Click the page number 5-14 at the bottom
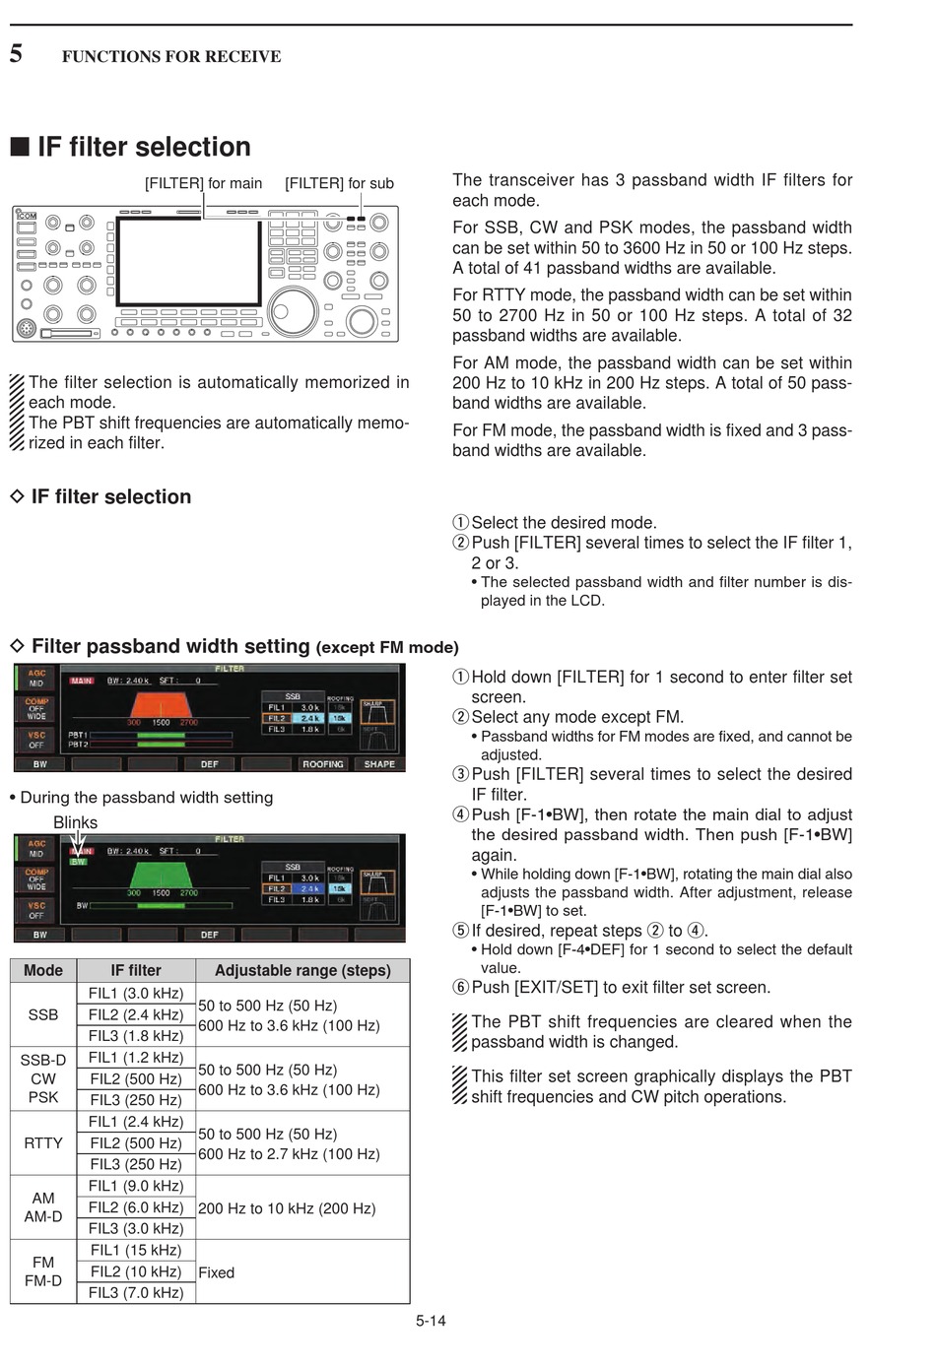tap(431, 1321)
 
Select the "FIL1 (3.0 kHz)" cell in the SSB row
tap(136, 993)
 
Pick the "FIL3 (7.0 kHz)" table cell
tap(136, 1292)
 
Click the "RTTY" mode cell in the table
tap(43, 1142)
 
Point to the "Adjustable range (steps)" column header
tap(302, 970)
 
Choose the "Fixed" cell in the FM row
tap(217, 1272)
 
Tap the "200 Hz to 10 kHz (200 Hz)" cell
tap(287, 1207)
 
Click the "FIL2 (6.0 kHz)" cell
tap(136, 1207)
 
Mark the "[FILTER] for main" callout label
tap(204, 183)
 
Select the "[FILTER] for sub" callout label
tap(339, 183)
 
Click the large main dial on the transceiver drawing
tap(293, 311)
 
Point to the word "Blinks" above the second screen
tap(75, 822)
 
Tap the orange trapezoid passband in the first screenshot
tap(161, 704)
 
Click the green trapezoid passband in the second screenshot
tap(161, 875)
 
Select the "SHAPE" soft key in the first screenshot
tap(379, 764)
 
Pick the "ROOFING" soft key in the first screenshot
tap(323, 764)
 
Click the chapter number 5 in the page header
tap(16, 54)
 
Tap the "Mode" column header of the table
tap(43, 970)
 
